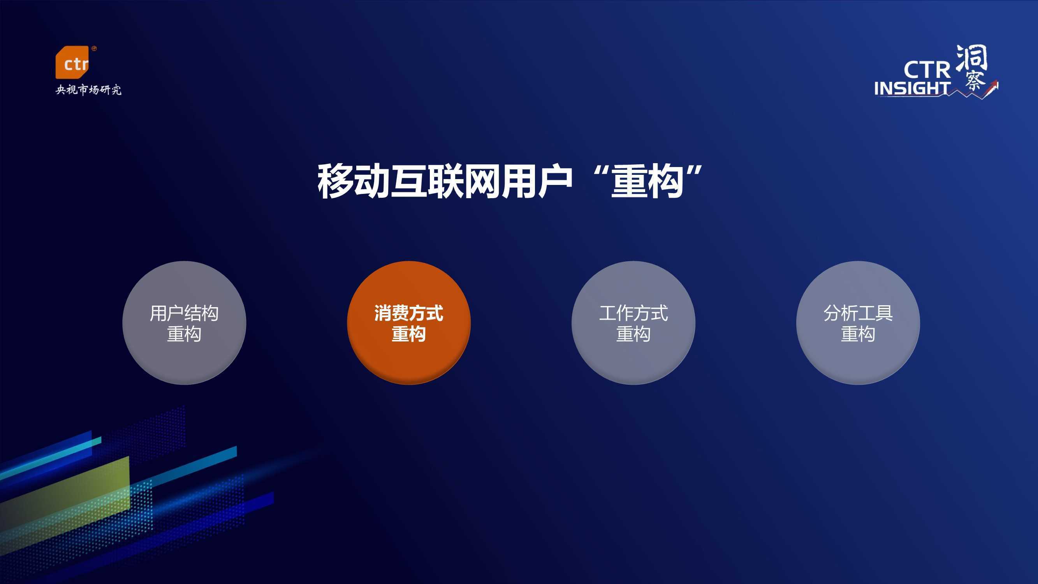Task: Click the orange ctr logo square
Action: click(x=72, y=62)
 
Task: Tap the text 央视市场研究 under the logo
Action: click(x=88, y=90)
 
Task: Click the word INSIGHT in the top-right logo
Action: click(x=912, y=88)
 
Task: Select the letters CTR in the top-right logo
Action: click(x=927, y=70)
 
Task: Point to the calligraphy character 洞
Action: click(x=971, y=58)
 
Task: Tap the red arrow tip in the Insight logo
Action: click(x=995, y=83)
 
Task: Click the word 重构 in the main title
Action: click(x=647, y=181)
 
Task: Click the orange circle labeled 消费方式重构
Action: click(x=408, y=323)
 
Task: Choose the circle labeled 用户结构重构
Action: click(x=184, y=323)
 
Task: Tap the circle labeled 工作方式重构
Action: click(x=633, y=323)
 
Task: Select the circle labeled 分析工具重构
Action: click(x=858, y=323)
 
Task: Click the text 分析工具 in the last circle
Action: click(x=858, y=313)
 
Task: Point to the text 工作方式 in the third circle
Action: click(x=633, y=313)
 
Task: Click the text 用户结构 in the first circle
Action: click(x=184, y=313)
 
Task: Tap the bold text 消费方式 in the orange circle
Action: click(x=408, y=313)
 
